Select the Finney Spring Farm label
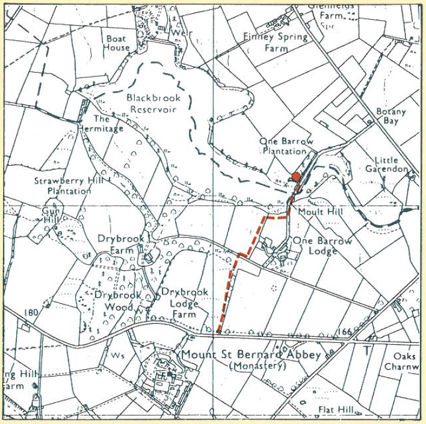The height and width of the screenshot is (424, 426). tap(275, 41)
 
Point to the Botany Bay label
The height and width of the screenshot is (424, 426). tap(391, 116)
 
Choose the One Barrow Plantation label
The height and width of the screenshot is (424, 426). tap(286, 146)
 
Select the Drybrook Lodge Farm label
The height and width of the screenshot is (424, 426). tap(185, 303)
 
